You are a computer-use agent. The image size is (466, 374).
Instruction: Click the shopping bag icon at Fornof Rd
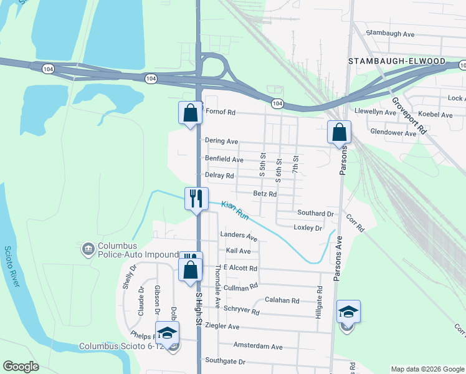click(191, 113)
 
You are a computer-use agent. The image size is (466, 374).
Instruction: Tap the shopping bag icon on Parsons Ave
click(340, 132)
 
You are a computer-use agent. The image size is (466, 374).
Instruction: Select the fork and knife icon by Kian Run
click(196, 199)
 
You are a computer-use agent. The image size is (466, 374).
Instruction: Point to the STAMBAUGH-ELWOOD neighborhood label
click(397, 61)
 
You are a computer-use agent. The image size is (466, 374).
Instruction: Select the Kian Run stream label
click(235, 211)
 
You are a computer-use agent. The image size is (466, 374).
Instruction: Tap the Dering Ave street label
click(222, 141)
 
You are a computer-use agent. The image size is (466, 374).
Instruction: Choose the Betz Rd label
click(265, 194)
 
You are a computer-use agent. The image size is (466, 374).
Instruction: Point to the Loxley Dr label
click(308, 228)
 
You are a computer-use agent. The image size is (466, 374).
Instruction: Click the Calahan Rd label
click(282, 300)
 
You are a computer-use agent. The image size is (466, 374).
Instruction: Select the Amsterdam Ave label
click(258, 347)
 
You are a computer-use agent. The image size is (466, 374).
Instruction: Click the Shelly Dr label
click(129, 277)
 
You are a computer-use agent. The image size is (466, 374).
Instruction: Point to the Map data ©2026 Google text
click(427, 369)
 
